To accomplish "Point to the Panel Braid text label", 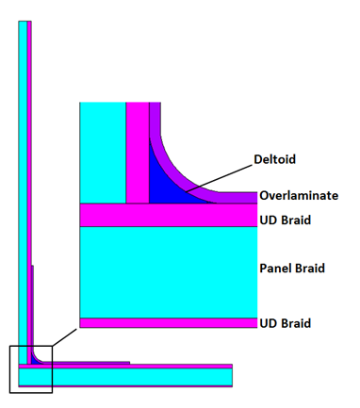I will [291, 269].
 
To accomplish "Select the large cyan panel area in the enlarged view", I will [168, 269].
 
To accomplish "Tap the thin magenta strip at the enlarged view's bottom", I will [168, 322].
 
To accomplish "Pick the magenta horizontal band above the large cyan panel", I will [168, 216].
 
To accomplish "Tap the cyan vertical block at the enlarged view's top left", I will [103, 151].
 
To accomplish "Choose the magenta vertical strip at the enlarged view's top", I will [137, 151].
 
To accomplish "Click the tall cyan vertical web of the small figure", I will [22, 188].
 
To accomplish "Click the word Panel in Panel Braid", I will [276, 269].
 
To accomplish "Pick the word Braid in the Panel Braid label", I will [309, 269].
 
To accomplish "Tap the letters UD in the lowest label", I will [268, 323].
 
